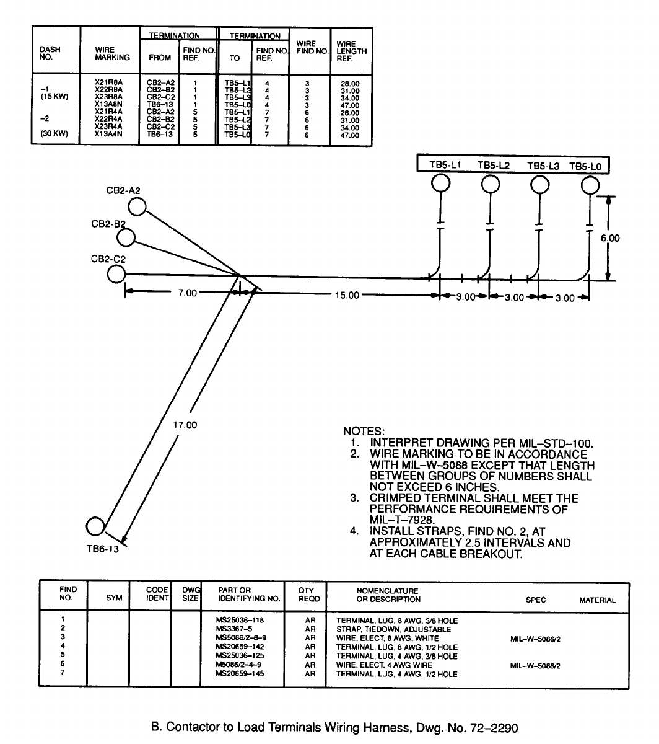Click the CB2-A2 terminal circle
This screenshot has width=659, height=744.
pos(137,206)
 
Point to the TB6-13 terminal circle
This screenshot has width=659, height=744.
pos(95,526)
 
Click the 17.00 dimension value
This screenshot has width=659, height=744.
pos(185,425)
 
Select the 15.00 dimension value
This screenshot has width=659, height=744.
pos(347,295)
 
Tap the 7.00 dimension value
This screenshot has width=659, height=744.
pos(187,292)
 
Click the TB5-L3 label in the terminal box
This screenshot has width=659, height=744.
pos(543,166)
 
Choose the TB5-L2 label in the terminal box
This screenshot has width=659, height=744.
pos(494,166)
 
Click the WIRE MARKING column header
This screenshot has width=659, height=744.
pos(112,53)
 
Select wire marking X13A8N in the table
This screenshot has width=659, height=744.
pos(107,104)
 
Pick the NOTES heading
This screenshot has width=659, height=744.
pos(364,431)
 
